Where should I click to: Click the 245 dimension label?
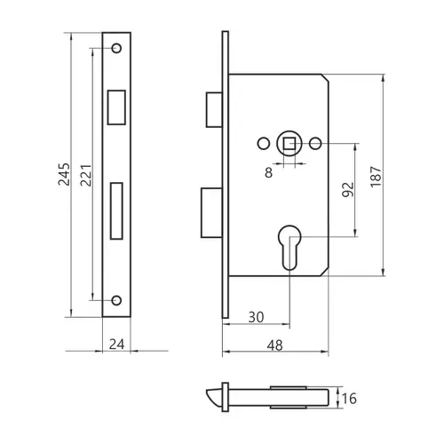click(64, 174)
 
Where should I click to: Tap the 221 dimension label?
click(86, 175)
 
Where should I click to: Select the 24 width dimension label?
click(116, 345)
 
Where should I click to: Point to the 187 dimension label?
click(376, 177)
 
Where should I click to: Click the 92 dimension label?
click(348, 190)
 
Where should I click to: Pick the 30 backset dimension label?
click(256, 317)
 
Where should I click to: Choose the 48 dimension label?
click(275, 345)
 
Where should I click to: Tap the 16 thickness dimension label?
click(349, 399)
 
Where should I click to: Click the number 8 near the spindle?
click(268, 172)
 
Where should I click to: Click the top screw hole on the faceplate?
click(116, 48)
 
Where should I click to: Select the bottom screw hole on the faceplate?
click(116, 300)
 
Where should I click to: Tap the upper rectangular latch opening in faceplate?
click(116, 107)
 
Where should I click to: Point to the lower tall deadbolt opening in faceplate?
click(116, 210)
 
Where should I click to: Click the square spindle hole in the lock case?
click(289, 144)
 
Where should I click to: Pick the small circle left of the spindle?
click(264, 144)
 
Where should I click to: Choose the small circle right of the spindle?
click(315, 144)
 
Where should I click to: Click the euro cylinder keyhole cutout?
click(289, 248)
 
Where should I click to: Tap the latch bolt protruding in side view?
click(214, 109)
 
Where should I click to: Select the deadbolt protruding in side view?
click(211, 212)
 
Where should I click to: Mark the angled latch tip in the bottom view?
click(214, 398)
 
